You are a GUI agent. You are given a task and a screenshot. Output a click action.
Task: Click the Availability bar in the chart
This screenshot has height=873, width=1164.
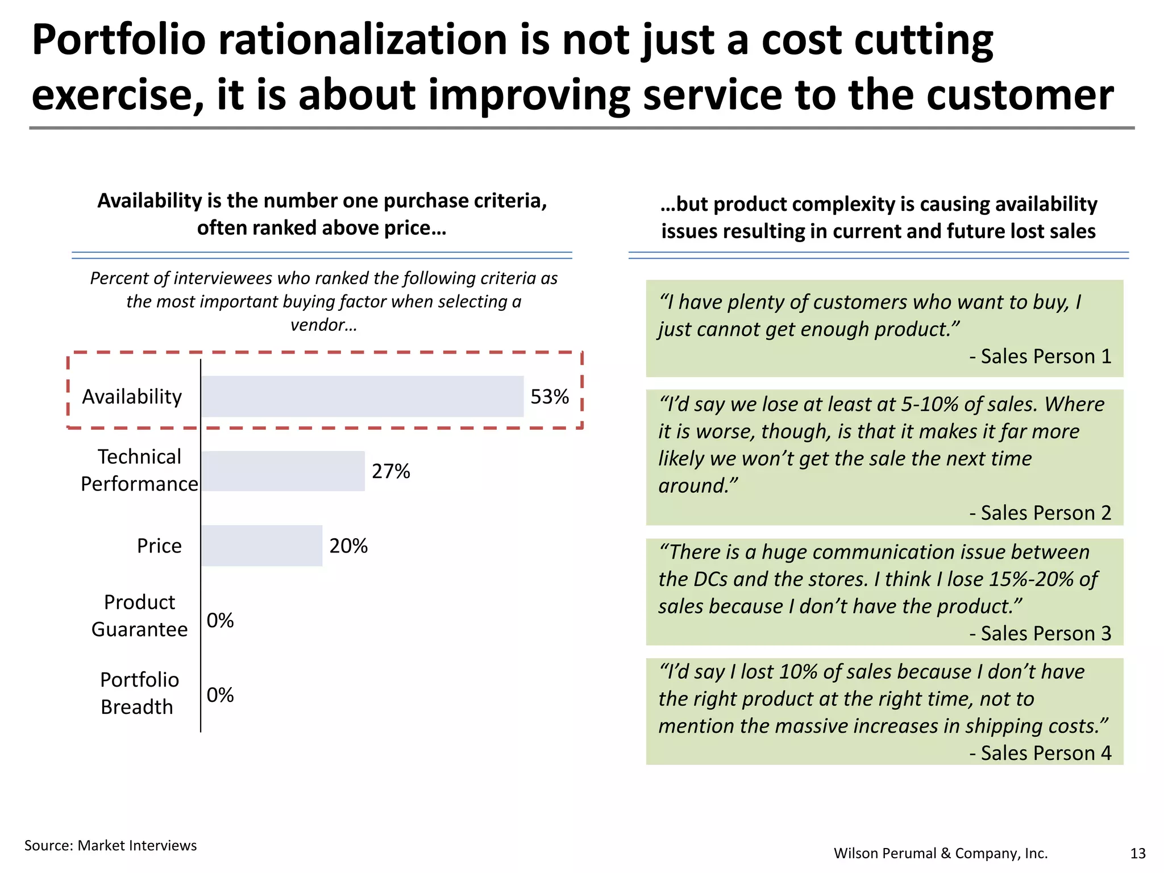(x=362, y=396)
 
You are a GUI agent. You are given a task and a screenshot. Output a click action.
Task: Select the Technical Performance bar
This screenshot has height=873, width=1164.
(x=282, y=471)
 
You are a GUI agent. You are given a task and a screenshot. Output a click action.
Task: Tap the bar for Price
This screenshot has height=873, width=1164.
(x=261, y=546)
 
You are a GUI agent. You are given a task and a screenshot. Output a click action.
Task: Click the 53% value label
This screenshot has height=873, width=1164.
(x=549, y=397)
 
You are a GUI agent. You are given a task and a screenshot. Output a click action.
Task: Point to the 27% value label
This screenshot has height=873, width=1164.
(x=390, y=471)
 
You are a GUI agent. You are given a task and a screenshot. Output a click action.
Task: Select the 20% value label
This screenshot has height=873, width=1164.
(x=348, y=546)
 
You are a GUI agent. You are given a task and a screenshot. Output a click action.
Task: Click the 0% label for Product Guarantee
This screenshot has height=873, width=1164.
(x=220, y=620)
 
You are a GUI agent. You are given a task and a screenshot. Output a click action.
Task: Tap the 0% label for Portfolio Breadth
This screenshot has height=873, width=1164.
(x=220, y=695)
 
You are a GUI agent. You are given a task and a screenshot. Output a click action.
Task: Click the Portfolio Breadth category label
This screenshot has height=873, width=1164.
(x=139, y=693)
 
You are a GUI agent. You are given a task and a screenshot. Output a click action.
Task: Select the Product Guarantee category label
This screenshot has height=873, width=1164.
(x=139, y=616)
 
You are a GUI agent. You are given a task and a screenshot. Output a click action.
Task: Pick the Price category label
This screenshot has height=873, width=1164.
(x=159, y=546)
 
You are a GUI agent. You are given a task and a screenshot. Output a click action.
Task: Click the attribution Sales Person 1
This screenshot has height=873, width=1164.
(x=1040, y=356)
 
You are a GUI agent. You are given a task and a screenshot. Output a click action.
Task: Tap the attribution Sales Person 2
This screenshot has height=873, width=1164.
(x=1040, y=513)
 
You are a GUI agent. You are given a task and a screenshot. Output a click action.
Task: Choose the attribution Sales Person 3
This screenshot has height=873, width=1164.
(x=1040, y=633)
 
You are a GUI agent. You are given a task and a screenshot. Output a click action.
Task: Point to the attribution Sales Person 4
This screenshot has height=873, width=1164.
(x=1040, y=753)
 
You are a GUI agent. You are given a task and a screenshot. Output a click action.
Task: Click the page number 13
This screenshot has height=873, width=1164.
(x=1137, y=853)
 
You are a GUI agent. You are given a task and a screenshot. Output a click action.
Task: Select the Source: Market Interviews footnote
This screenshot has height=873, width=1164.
(x=110, y=845)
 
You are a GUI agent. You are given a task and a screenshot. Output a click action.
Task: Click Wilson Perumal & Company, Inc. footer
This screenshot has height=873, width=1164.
(x=940, y=853)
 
